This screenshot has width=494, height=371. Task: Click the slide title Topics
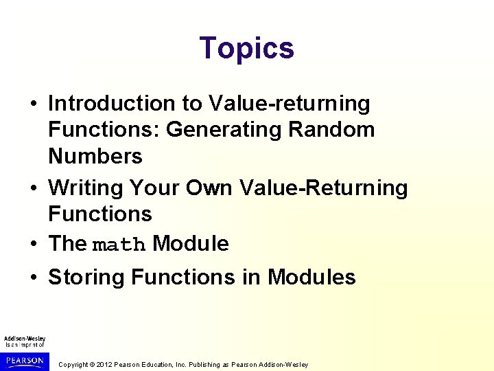tap(246, 48)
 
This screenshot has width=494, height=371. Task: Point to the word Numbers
tap(95, 156)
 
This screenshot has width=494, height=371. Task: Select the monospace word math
tap(119, 245)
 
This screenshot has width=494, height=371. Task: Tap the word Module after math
tap(191, 243)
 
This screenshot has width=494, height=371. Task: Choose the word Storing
tap(86, 277)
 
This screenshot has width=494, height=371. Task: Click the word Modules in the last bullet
tap(311, 277)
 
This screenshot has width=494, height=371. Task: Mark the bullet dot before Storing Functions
tap(34, 278)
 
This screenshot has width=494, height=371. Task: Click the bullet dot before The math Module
tap(34, 244)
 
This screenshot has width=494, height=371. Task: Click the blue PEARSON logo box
tap(25, 361)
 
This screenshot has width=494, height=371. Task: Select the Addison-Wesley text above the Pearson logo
tap(25, 339)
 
